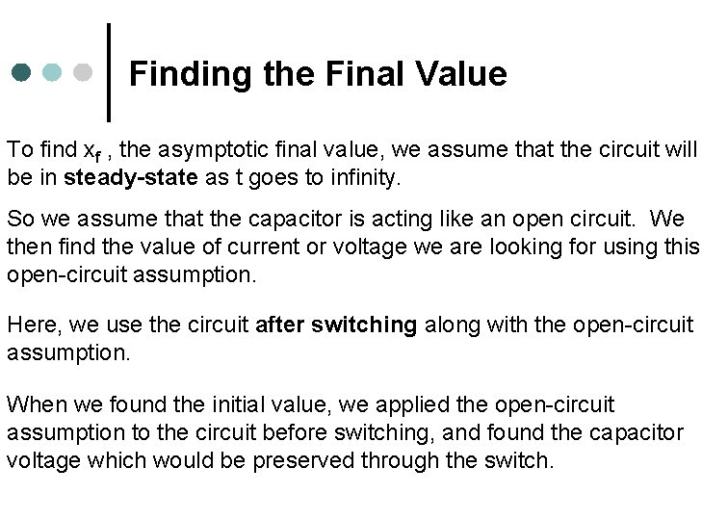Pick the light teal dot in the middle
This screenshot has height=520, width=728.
point(53,73)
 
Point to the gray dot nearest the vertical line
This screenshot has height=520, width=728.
point(83,73)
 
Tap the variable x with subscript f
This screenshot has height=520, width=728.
point(90,152)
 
